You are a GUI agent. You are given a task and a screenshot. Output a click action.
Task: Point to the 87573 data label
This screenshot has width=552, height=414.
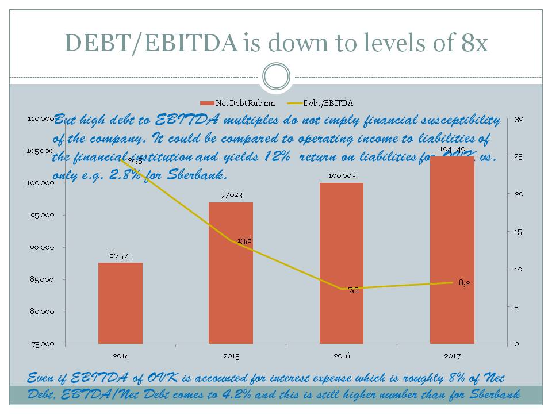click(x=121, y=255)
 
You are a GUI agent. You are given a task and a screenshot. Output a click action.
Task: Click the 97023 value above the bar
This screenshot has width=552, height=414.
click(x=231, y=195)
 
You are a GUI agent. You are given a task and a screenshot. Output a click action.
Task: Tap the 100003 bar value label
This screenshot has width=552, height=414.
click(x=342, y=175)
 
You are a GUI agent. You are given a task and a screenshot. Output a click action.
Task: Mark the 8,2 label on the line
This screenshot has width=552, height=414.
click(x=465, y=282)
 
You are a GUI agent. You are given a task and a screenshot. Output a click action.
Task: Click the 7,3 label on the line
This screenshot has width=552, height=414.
click(x=353, y=290)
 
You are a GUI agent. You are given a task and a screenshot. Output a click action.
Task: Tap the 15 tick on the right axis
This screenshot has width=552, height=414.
click(x=517, y=232)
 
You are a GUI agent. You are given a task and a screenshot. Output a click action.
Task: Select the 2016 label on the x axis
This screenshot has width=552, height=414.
click(x=342, y=356)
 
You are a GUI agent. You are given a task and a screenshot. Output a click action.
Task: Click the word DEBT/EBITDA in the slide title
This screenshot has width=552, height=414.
click(x=151, y=42)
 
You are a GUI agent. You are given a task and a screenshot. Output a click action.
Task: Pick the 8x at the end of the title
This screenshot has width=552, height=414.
click(x=474, y=42)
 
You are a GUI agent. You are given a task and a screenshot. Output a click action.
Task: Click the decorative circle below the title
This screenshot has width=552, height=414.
click(x=275, y=76)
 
